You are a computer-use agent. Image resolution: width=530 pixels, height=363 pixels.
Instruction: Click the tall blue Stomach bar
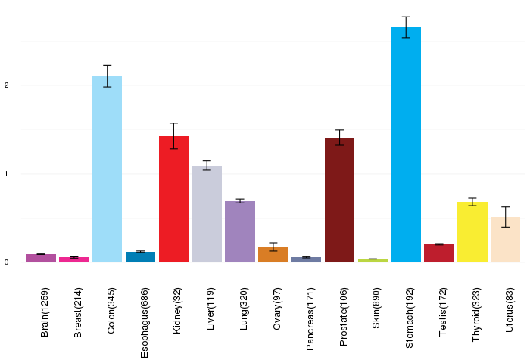(x=406, y=144)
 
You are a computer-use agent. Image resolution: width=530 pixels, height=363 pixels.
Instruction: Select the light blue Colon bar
(x=108, y=169)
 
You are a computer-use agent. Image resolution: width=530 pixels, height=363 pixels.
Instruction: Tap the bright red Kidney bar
(x=173, y=199)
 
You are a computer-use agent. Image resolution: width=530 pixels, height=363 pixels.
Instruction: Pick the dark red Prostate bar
(x=339, y=200)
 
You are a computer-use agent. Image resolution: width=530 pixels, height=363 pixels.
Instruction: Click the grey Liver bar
(x=207, y=214)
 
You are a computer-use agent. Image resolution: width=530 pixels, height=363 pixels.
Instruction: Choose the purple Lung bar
(x=240, y=231)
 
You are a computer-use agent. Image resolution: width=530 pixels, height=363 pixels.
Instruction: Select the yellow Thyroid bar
(x=472, y=232)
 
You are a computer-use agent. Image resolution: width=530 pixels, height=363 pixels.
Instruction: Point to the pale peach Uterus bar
(x=505, y=240)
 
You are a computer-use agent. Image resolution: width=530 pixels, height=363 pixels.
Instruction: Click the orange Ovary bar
(x=273, y=254)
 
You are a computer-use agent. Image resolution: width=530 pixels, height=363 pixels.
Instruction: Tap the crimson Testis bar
(x=439, y=253)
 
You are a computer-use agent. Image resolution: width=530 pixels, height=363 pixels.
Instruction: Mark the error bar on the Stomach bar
(x=406, y=27)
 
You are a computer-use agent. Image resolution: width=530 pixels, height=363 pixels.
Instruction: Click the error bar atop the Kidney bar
(x=173, y=135)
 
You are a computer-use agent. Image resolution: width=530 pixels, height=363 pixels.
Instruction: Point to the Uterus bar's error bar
(x=505, y=217)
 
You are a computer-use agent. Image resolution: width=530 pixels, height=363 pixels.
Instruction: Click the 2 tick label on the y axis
(x=6, y=85)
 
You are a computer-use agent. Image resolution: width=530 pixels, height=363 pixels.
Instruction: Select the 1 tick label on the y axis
(x=6, y=174)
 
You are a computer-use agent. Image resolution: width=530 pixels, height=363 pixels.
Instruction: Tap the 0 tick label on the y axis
(x=6, y=262)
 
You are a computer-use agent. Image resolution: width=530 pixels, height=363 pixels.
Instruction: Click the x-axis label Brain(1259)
(x=45, y=312)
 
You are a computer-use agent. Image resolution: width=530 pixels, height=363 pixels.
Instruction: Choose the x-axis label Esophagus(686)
(x=145, y=323)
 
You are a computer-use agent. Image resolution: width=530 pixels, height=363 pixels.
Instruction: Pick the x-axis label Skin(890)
(x=376, y=308)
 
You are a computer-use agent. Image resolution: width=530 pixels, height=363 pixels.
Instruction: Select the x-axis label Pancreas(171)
(x=310, y=319)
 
